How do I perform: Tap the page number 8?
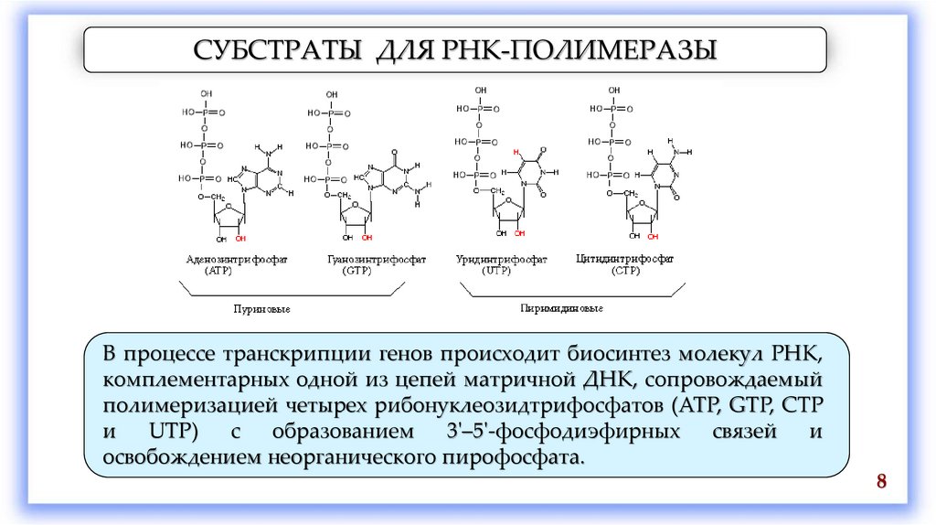point(882,483)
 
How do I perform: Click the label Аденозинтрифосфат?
point(237,260)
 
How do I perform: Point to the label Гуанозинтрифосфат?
point(362,260)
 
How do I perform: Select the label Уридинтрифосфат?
point(502,260)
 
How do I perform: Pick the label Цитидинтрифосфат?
point(626,260)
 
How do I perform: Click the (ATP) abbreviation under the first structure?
point(219,272)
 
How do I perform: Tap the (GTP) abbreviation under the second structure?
point(356,272)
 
